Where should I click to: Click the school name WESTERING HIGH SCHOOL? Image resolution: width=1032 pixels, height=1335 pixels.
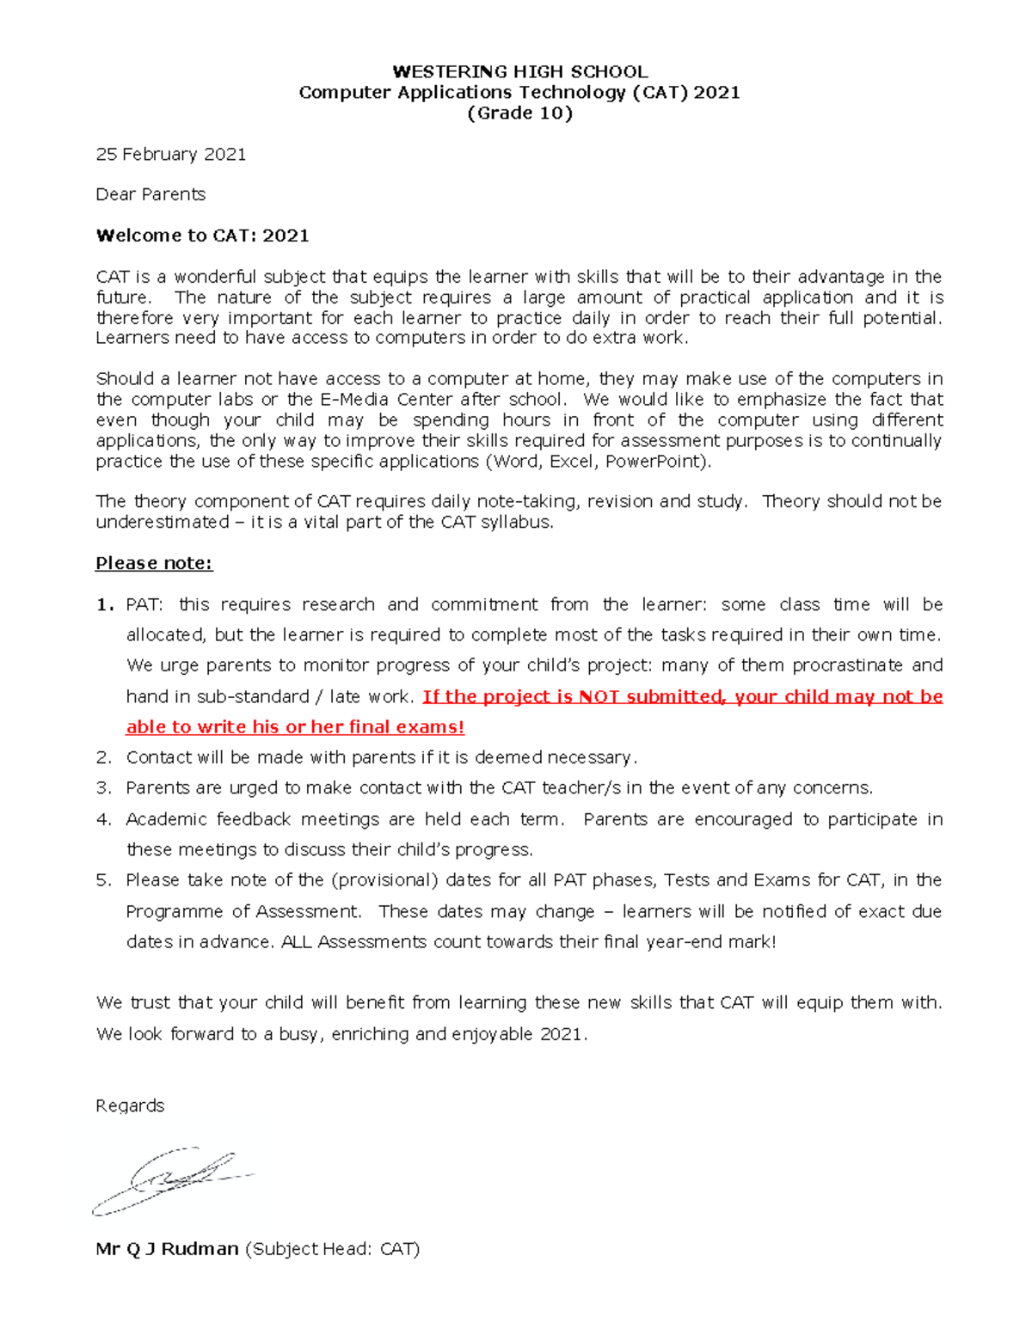(x=519, y=71)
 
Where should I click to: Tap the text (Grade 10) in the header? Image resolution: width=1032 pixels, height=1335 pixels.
(x=519, y=113)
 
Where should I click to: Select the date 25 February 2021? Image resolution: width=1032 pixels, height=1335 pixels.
(x=171, y=155)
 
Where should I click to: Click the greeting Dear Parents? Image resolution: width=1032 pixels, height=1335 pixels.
(x=150, y=194)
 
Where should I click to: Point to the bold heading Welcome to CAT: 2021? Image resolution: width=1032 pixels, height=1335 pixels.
(x=202, y=236)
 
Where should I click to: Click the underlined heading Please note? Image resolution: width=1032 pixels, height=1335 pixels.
(x=154, y=563)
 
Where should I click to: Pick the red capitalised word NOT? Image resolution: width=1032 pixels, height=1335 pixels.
(x=599, y=696)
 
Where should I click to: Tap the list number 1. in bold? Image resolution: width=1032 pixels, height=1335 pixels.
(x=105, y=604)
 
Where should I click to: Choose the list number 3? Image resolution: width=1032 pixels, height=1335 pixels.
(x=104, y=788)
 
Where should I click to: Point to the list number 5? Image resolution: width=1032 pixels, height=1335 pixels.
(x=104, y=880)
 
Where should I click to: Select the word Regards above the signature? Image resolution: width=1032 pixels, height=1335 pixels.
(x=130, y=1105)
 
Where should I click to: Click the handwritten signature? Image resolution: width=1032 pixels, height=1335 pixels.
(x=172, y=1180)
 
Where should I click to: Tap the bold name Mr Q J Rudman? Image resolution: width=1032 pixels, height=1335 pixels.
(x=167, y=1249)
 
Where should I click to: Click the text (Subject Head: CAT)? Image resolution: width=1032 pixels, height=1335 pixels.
(x=333, y=1249)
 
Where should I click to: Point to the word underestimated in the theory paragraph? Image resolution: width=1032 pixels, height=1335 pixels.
(x=163, y=522)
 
